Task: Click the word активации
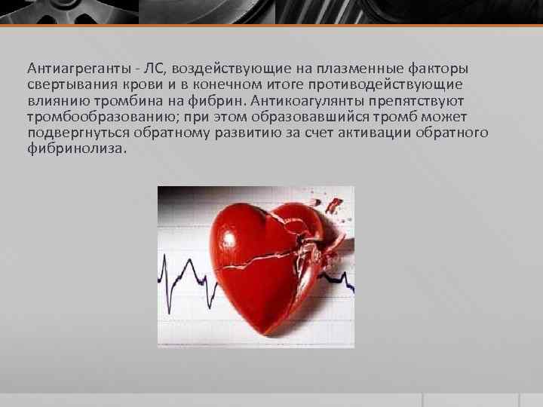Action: [373, 133]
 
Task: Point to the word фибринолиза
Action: [72, 150]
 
